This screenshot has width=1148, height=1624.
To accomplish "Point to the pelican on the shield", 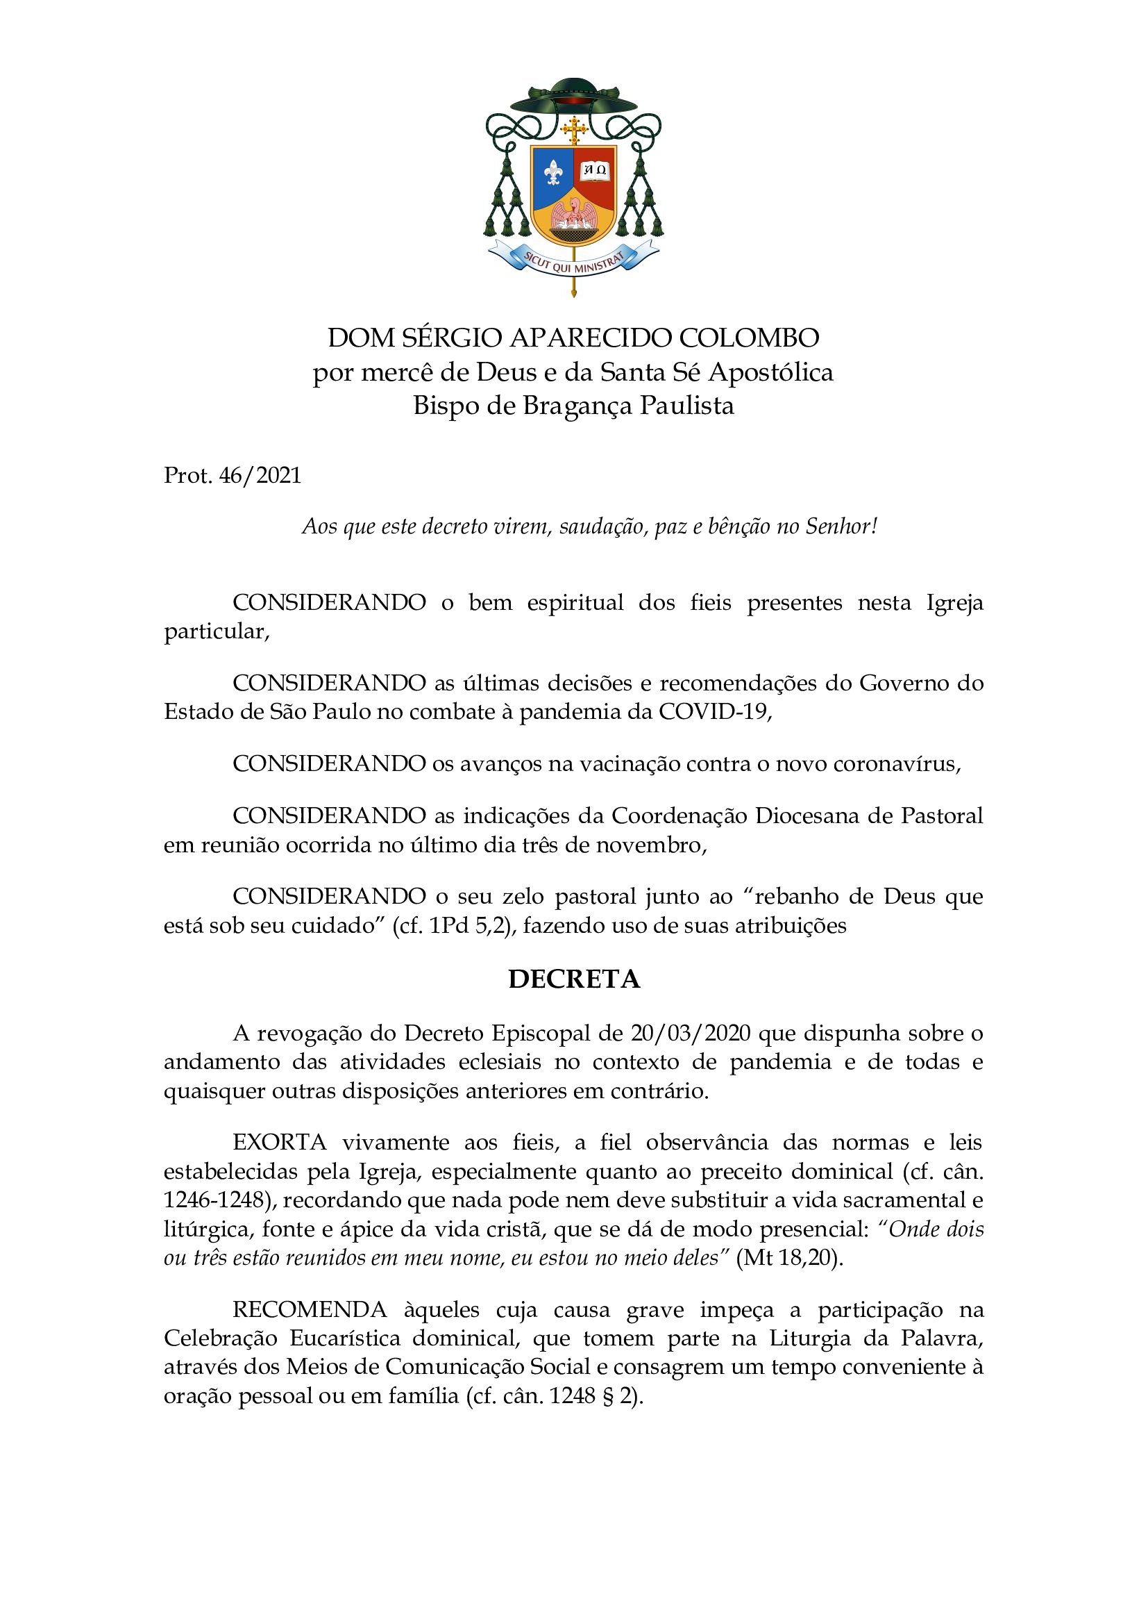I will point(573,218).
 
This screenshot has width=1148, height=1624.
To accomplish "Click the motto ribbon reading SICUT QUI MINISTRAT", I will point(573,264).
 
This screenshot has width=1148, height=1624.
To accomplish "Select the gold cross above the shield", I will point(574,131).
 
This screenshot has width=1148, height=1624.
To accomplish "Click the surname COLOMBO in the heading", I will point(749,338).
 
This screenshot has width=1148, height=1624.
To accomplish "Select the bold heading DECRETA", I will point(574,979).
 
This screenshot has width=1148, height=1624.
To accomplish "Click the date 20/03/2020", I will point(690,1034).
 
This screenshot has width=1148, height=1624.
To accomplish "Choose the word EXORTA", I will point(279,1143).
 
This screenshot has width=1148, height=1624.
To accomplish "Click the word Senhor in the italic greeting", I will point(838,527).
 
